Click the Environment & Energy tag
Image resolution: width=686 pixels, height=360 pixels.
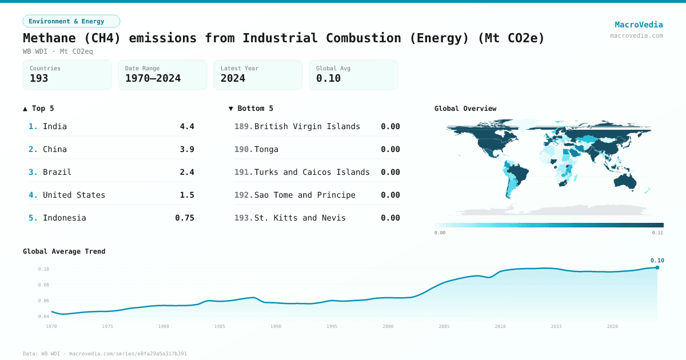(71, 21)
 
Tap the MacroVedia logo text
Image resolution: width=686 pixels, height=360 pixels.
(639, 25)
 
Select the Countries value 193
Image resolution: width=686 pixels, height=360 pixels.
(39, 78)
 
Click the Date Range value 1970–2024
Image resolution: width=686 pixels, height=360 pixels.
(153, 78)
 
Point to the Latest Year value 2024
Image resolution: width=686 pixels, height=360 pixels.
(233, 78)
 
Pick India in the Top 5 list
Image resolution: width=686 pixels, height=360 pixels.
(55, 126)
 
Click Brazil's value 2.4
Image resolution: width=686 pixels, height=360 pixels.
(187, 172)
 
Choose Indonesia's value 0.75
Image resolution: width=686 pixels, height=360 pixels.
(185, 218)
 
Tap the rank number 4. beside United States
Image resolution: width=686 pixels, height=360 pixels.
(33, 195)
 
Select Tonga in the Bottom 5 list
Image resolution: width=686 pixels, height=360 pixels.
(266, 149)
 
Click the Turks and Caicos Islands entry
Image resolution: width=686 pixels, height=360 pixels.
(312, 172)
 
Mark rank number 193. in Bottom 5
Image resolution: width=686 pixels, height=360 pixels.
(244, 218)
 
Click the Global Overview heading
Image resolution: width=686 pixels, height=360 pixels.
(465, 109)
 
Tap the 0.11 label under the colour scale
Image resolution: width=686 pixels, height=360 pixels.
(657, 233)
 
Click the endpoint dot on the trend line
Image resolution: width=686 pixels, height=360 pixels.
(657, 267)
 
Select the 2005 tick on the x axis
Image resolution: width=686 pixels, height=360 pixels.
(444, 326)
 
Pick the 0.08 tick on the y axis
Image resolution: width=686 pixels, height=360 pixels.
(43, 285)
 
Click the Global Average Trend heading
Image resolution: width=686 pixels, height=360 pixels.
(64, 251)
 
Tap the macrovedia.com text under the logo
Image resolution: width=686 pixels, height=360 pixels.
(636, 35)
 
